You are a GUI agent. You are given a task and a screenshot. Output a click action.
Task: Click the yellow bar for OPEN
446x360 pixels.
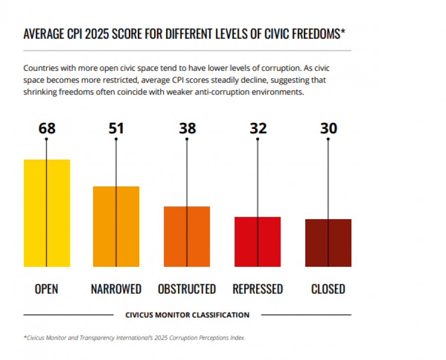pos(47,213)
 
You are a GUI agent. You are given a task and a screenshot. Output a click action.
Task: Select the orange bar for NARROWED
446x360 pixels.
pos(116,227)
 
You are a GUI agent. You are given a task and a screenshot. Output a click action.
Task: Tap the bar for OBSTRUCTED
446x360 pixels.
pos(187,237)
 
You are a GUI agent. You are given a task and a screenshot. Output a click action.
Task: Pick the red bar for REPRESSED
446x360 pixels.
pos(257,242)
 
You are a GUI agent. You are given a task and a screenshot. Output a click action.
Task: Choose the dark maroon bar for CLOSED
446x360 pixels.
pos(328,243)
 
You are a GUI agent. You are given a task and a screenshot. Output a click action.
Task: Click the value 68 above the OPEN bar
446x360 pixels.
pos(47,128)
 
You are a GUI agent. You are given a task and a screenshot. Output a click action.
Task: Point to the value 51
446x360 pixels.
pos(116,128)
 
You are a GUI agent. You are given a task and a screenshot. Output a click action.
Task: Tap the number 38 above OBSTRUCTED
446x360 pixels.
pos(187,128)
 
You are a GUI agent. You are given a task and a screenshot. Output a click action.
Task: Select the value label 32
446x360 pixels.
pos(258,128)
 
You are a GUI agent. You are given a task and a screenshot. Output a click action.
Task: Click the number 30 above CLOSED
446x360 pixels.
pos(329,128)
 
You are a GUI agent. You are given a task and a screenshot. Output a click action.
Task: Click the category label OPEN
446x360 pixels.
pos(47,289)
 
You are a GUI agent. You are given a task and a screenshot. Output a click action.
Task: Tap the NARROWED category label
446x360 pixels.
pos(116,289)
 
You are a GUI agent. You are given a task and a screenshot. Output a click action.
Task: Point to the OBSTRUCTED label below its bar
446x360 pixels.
pos(187,289)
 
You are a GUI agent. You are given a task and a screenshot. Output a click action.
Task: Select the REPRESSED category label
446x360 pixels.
pos(258,289)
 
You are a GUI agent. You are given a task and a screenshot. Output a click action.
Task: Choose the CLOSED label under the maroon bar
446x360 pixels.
pos(328,289)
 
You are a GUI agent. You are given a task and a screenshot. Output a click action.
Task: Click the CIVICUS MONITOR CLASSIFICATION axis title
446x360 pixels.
pos(187,315)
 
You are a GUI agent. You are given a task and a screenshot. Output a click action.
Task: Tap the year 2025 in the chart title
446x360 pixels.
pos(97,34)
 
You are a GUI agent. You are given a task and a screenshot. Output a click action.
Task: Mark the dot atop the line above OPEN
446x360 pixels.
pos(47,139)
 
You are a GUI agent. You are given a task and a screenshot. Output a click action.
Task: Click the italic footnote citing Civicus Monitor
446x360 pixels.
pos(134,338)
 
